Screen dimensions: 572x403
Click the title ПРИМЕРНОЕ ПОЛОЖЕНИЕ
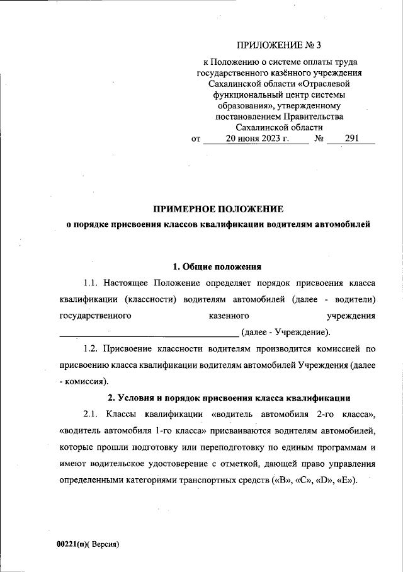[x=219, y=209]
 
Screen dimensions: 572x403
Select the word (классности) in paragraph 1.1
[x=151, y=299]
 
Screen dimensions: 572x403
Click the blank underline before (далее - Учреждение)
[x=148, y=332]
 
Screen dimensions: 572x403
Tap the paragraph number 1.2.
[x=93, y=348]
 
